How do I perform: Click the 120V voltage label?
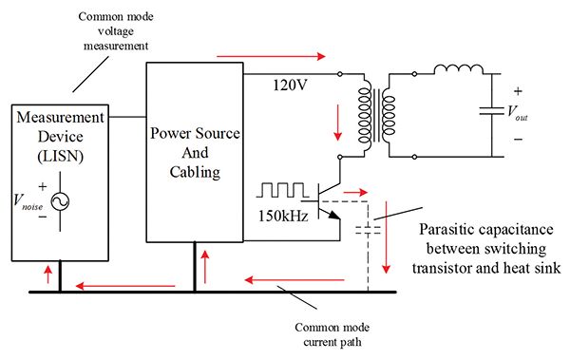[x=290, y=85]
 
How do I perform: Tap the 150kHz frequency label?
[x=283, y=216]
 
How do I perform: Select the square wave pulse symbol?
[x=282, y=190]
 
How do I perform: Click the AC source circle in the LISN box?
[x=60, y=201]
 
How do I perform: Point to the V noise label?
[x=28, y=201]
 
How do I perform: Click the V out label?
[x=518, y=112]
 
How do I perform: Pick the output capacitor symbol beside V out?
[x=491, y=110]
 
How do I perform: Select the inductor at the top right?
[x=459, y=69]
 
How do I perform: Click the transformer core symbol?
[x=376, y=115]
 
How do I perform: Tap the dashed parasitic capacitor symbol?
[x=368, y=230]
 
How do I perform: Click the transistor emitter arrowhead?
[x=334, y=216]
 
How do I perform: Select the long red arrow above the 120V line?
[x=271, y=56]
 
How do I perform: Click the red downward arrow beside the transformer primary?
[x=338, y=123]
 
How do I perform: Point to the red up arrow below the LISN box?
[x=48, y=275]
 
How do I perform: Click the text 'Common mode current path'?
[x=332, y=334]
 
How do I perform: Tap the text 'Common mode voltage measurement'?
[x=116, y=31]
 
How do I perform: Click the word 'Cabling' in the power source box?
[x=195, y=172]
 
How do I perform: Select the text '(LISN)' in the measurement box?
[x=61, y=156]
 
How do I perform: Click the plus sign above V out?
[x=518, y=91]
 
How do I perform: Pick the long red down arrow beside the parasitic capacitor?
[x=386, y=237]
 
